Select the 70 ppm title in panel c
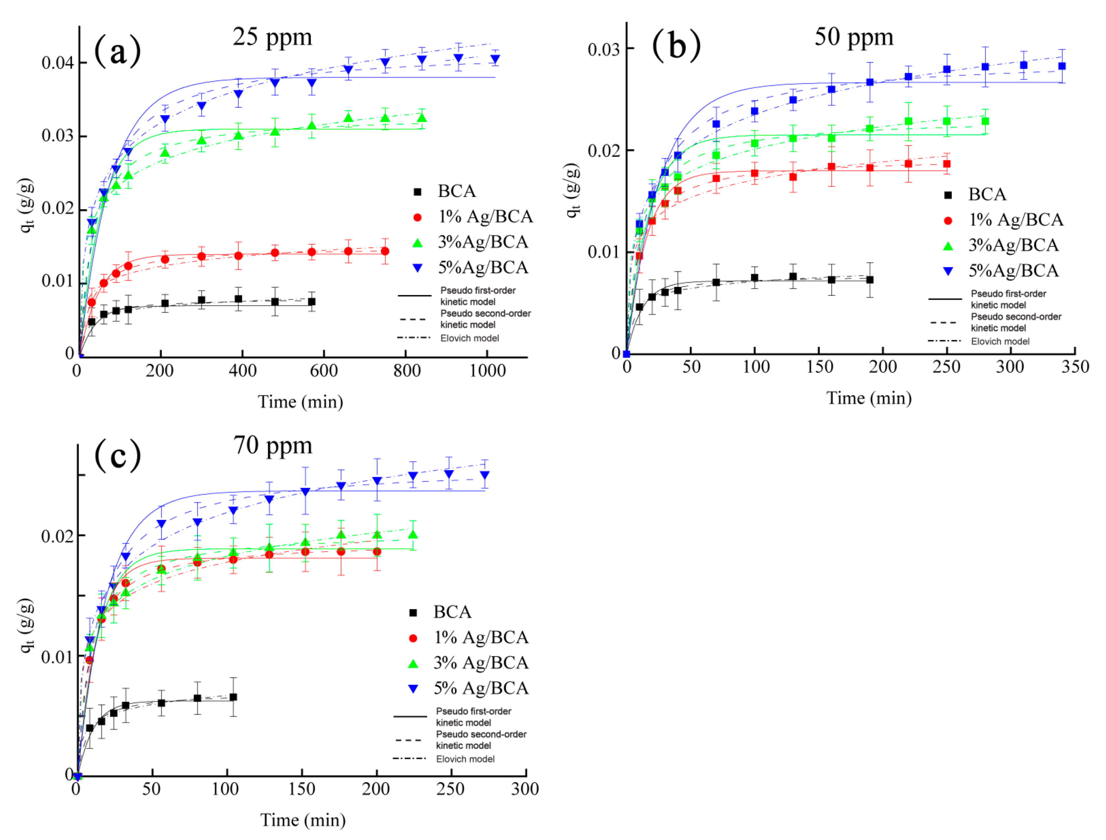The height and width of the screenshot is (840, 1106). coord(273,445)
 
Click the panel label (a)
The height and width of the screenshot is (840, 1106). coord(118,51)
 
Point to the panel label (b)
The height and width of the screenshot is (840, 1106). coord(676,46)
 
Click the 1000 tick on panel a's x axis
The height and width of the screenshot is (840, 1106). coord(487,371)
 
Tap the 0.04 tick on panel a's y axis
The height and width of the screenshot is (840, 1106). coord(58,63)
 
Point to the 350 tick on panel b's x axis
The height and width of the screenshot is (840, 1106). coord(1075,367)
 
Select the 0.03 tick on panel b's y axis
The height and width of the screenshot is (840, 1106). coord(603,49)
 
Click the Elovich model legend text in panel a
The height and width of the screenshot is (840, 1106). coord(469,338)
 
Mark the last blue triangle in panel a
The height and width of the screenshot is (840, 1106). coord(495,59)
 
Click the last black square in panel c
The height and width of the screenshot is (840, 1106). coord(233,697)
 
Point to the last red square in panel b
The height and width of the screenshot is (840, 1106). coord(946,164)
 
